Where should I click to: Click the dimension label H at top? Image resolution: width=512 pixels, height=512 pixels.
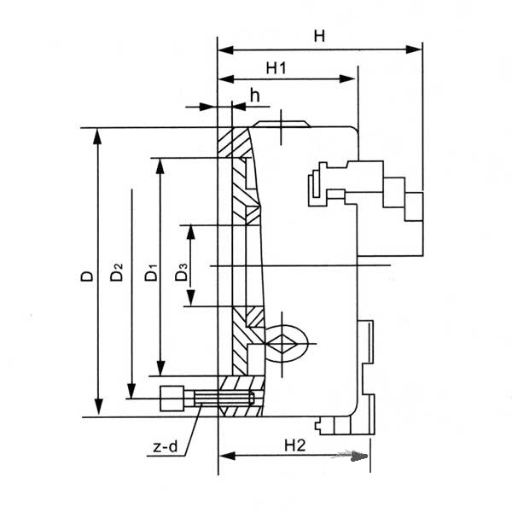pyautogui.click(x=319, y=36)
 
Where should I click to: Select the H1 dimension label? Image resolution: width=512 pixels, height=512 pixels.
pyautogui.click(x=276, y=68)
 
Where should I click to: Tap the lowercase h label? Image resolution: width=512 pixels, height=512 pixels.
pyautogui.click(x=254, y=95)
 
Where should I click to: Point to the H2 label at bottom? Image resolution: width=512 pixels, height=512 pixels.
pyautogui.click(x=295, y=445)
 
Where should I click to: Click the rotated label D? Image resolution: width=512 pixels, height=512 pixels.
pyautogui.click(x=87, y=276)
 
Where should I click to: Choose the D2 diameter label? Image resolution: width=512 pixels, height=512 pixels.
pyautogui.click(x=117, y=272)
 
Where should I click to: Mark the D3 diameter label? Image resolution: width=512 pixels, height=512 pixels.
pyautogui.click(x=182, y=272)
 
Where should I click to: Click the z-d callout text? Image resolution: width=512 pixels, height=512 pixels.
pyautogui.click(x=166, y=446)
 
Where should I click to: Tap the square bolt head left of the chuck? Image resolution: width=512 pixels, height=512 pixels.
pyautogui.click(x=172, y=399)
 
